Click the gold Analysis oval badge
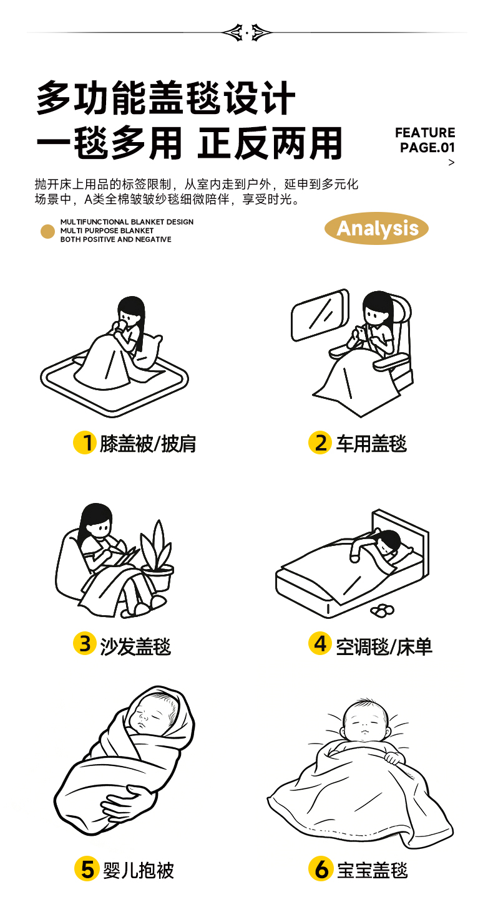point(376,228)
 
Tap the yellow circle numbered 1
point(84,443)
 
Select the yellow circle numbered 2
point(320,443)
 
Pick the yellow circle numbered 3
point(84,643)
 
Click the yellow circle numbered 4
point(320,643)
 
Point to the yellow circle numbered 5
point(87,869)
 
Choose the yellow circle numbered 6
point(321,869)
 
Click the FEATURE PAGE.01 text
point(425,140)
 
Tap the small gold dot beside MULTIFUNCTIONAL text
point(47,231)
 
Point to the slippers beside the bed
point(383,610)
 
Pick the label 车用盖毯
point(371,444)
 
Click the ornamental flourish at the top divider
point(246,32)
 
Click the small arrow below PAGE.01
point(451,163)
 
